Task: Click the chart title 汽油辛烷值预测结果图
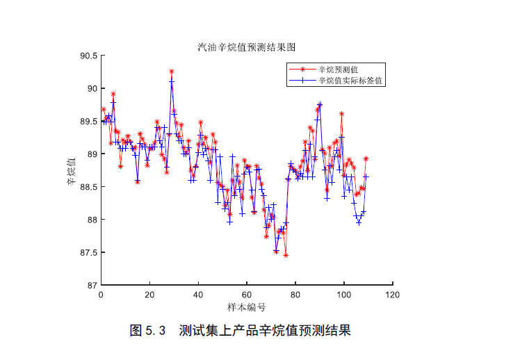247,47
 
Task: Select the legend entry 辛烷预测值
338,69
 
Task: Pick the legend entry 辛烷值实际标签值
351,81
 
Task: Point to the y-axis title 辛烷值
72,170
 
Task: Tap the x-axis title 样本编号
247,307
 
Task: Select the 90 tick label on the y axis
92,88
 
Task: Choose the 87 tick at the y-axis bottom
92,285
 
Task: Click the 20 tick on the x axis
149,295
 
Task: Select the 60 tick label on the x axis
247,295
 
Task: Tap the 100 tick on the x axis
344,295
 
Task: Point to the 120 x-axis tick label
393,295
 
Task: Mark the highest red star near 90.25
172,72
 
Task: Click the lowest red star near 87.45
286,255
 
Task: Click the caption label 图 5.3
147,331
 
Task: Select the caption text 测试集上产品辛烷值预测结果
265,331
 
